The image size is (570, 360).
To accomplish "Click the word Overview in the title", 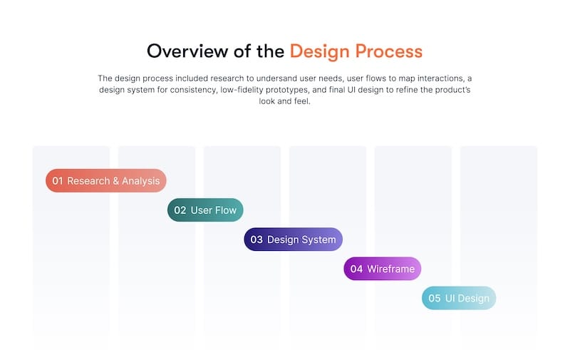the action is (x=188, y=51).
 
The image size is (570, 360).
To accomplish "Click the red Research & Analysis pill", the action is (x=105, y=181).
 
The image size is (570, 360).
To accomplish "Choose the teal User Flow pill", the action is (x=205, y=210).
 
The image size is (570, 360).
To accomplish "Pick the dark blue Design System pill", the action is (x=294, y=240).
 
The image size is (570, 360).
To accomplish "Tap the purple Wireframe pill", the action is (x=383, y=269).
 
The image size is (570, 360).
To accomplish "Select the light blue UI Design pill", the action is (x=459, y=298).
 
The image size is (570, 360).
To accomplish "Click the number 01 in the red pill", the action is (x=58, y=181).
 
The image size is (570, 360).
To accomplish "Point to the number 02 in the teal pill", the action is (x=180, y=210).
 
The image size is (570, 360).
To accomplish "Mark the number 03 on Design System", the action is (x=256, y=240).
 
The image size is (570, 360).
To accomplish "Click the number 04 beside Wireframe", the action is (x=356, y=269).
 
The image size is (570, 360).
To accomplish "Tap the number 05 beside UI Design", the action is (x=435, y=299).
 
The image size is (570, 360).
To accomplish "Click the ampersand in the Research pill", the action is (x=116, y=181).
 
